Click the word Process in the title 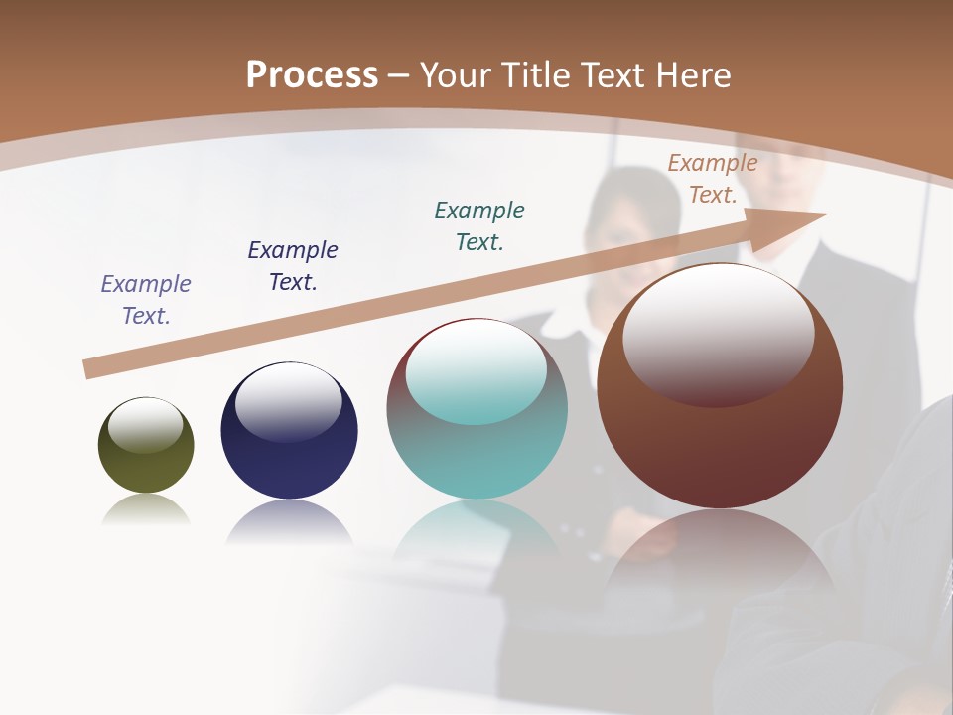312,75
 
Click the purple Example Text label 146,300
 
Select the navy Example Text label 293,266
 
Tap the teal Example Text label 479,226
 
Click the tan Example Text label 713,179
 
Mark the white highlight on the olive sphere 145,424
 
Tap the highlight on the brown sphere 719,334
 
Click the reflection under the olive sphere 146,510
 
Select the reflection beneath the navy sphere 289,522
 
